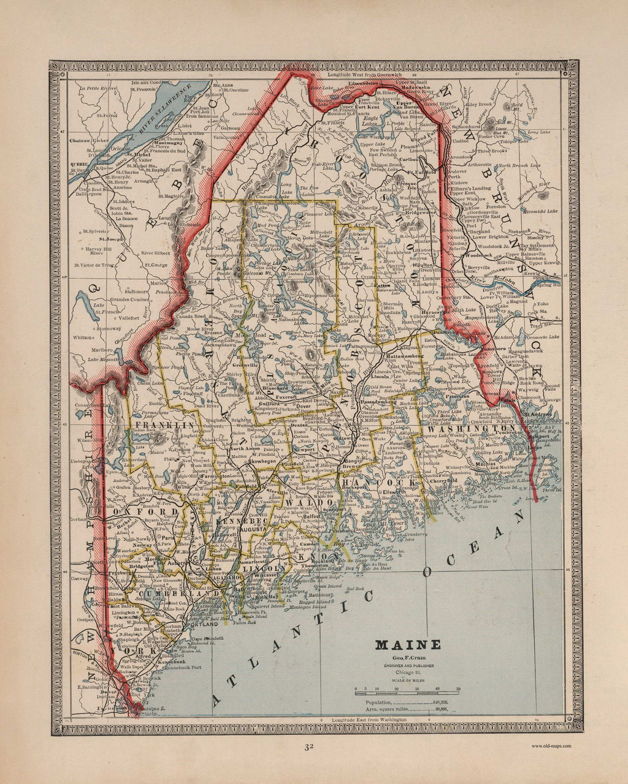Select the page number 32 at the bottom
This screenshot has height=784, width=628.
click(x=311, y=747)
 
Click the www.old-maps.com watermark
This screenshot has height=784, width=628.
click(x=551, y=745)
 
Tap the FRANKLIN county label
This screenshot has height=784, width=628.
click(x=165, y=424)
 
